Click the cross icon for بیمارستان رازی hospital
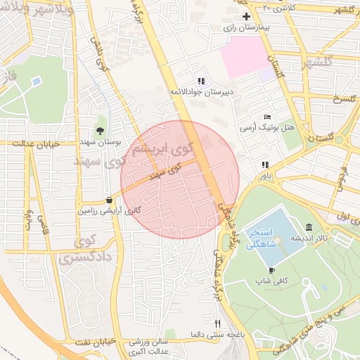pos(245,16)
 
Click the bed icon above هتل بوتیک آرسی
pos(266,117)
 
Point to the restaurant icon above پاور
pos(264,165)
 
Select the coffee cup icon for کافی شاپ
pos(272,270)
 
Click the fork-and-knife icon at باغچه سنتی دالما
pos(218,323)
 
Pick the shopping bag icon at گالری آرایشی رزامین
pos(108,200)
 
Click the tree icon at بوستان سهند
pos(100,131)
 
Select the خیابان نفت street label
pos(89,341)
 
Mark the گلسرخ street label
pos(346,98)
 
